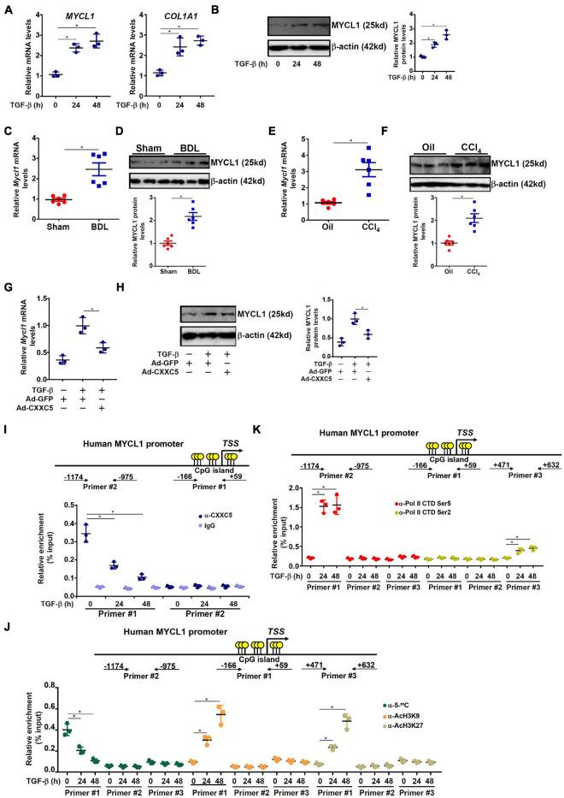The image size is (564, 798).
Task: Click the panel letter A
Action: (x=8, y=8)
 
